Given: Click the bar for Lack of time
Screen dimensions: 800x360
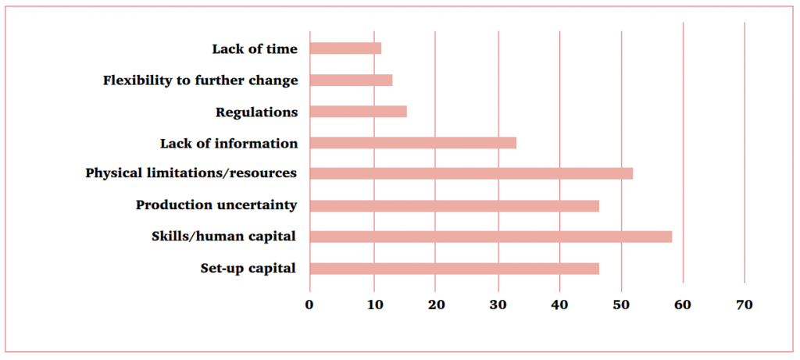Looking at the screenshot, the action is click(x=345, y=48).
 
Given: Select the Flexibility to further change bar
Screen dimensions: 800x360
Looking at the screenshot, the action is click(x=351, y=80).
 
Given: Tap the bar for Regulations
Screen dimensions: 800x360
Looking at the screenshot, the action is click(x=358, y=112).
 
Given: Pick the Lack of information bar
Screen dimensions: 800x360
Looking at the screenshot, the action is click(x=412, y=143).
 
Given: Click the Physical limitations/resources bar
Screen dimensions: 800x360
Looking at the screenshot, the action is click(x=471, y=173).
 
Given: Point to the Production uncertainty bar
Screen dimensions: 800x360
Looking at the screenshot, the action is click(x=454, y=206).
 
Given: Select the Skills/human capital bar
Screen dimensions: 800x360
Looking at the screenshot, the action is click(x=491, y=237).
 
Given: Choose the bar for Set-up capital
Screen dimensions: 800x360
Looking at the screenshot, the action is click(x=454, y=269).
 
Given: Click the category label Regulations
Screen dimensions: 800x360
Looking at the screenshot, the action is click(x=256, y=112).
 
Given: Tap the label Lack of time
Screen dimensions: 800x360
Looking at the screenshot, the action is click(x=255, y=49).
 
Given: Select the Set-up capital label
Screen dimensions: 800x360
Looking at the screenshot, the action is click(x=248, y=268).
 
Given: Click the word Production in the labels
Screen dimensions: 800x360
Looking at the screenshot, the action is click(x=174, y=205).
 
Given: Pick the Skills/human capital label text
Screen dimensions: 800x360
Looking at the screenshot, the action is click(x=223, y=237).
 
